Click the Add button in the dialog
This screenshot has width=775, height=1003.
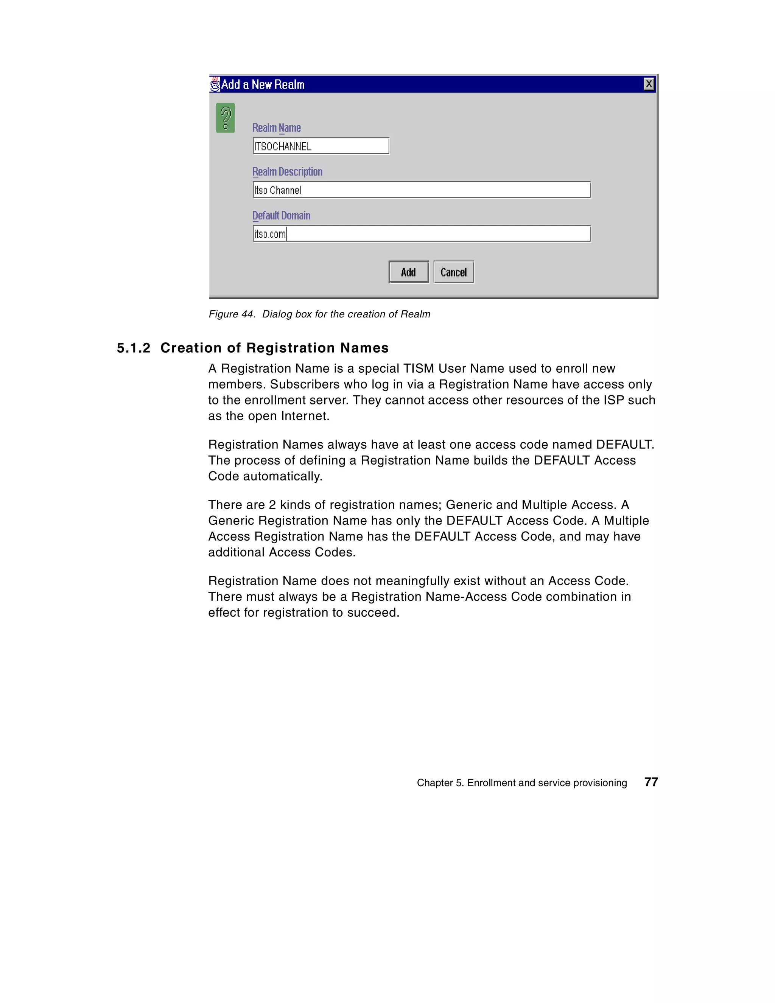pos(408,272)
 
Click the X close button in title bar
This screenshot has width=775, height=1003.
pos(648,84)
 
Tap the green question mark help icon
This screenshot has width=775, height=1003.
pos(226,118)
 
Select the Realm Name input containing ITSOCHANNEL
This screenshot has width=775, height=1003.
pos(321,146)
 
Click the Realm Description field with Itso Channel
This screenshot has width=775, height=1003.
pos(421,190)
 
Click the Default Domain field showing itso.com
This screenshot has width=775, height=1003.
pos(421,234)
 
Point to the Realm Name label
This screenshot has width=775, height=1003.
pos(277,128)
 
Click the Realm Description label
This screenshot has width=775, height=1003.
pos(287,172)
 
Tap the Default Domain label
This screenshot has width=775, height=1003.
pos(281,215)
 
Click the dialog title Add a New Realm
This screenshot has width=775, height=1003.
pos(263,84)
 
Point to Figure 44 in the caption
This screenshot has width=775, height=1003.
pos(232,314)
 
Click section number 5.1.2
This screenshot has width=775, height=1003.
pos(133,348)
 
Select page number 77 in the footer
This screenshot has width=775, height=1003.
pos(651,782)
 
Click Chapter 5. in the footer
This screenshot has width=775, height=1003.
pos(440,782)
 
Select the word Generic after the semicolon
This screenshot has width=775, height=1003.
pos(468,505)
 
